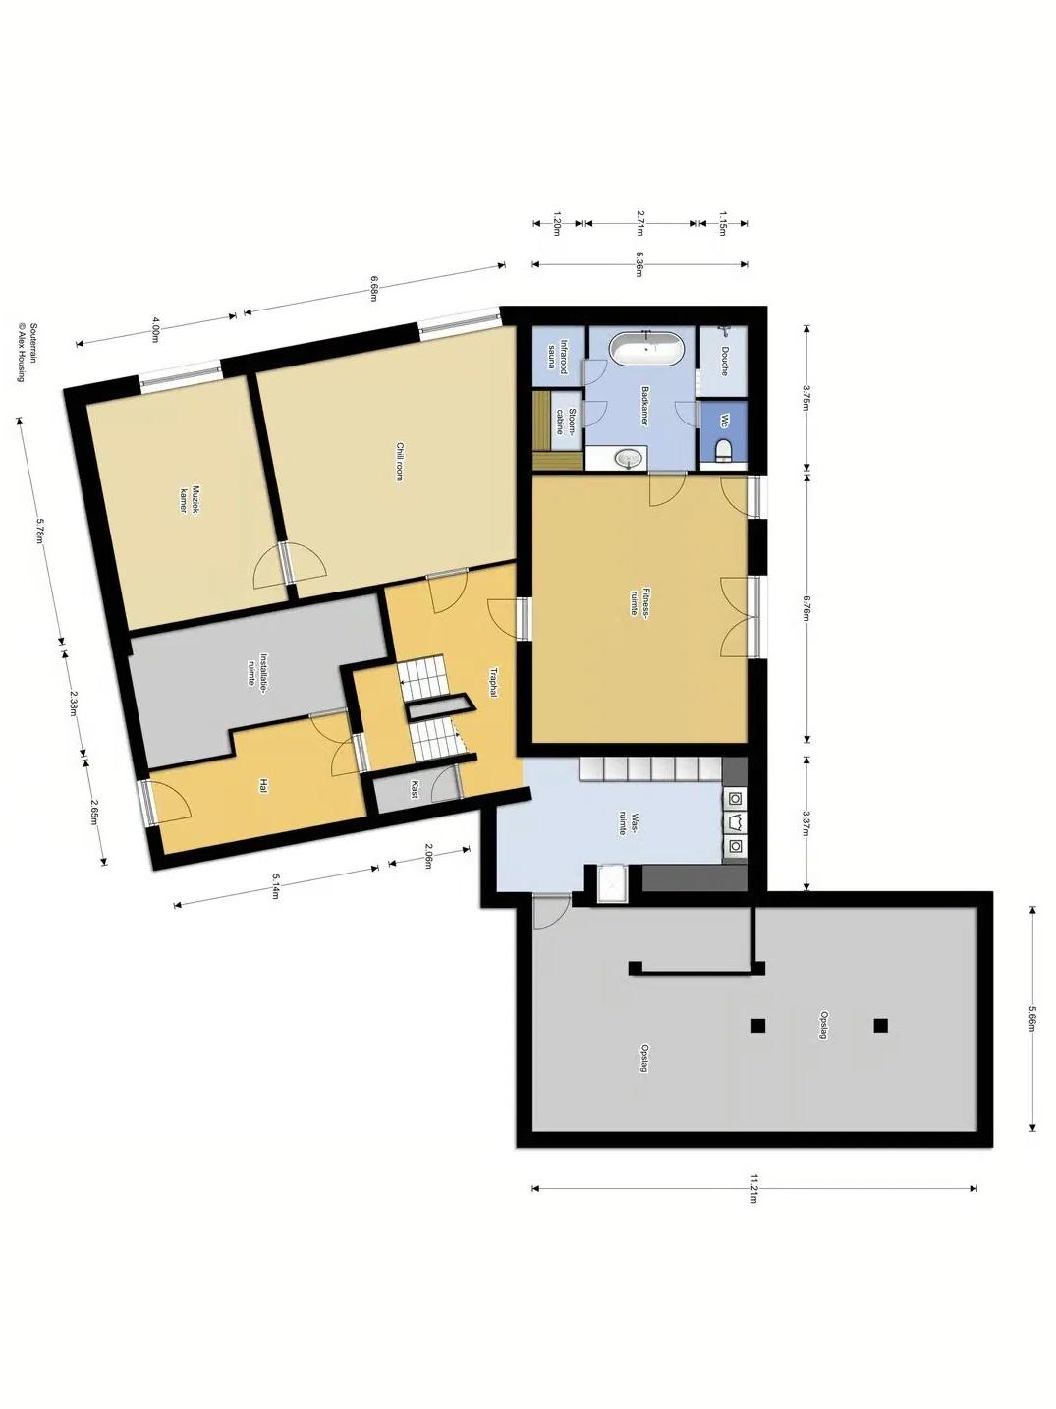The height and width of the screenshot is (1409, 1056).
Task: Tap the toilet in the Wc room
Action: point(723,449)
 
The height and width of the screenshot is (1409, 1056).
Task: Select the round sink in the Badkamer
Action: point(629,458)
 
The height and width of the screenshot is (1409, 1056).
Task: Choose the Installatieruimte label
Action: point(257,670)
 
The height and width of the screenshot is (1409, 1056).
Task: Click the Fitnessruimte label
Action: point(639,601)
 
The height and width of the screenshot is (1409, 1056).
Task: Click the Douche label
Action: point(724,361)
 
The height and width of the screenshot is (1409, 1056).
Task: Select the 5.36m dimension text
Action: point(639,264)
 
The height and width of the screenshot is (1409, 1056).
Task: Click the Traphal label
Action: point(493,684)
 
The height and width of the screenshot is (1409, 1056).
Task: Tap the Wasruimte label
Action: point(627,824)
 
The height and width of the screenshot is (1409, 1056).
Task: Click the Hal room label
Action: point(262,787)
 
